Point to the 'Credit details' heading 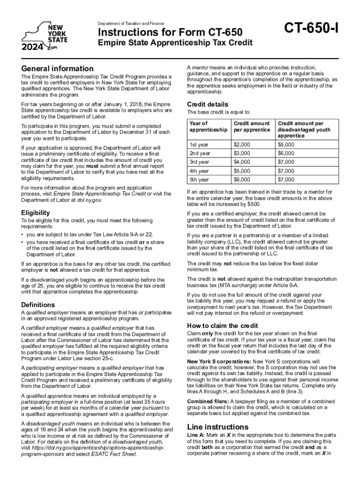point(208,104)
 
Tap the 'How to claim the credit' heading point(219,326)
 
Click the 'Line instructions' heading point(217,427)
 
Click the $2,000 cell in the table point(242,145)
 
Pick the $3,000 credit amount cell point(242,153)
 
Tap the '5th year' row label point(200,180)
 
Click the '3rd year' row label point(200,162)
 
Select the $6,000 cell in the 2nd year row point(286,153)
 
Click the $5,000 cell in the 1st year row point(286,145)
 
